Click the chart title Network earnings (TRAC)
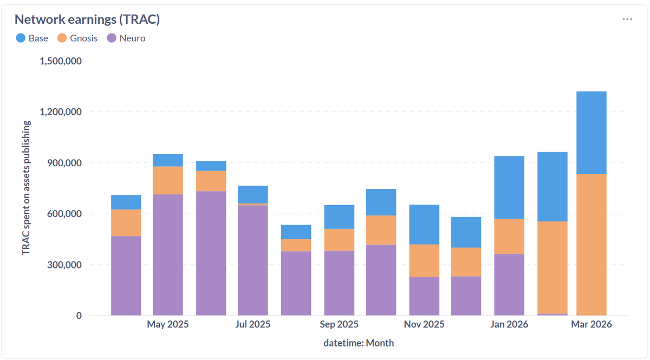(87, 19)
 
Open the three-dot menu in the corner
(627, 19)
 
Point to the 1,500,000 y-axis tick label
(61, 61)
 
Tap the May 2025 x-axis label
(168, 325)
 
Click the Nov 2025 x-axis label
(424, 325)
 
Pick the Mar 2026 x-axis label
(591, 325)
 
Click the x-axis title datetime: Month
(359, 343)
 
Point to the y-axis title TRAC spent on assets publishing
(26, 188)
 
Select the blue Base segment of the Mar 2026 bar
(591, 133)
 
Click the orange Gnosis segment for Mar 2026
(591, 244)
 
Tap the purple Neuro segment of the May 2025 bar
(168, 254)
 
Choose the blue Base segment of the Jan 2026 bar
(509, 187)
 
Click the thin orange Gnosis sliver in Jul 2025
(253, 204)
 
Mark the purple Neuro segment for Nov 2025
(424, 296)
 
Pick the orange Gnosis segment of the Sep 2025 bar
(339, 239)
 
